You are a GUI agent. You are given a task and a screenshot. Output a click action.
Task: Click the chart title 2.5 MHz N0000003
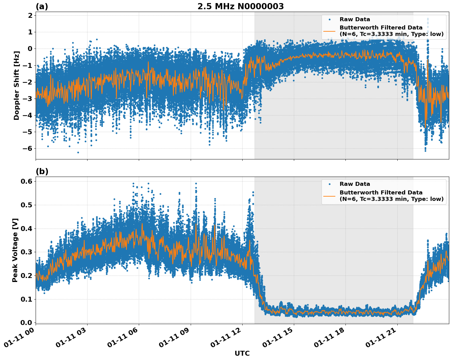click(240, 6)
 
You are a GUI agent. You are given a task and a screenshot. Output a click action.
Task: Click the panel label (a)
click(42, 6)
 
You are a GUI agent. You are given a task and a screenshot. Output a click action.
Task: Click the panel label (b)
click(42, 171)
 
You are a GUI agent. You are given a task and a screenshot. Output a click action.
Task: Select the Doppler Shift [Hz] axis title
click(17, 85)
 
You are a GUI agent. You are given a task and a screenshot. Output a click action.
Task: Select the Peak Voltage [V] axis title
click(15, 250)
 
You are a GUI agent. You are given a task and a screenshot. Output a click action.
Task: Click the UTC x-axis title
click(242, 353)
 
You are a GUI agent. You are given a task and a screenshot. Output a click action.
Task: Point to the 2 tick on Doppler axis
click(30, 16)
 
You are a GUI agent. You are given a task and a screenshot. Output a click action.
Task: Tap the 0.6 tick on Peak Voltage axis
click(26, 182)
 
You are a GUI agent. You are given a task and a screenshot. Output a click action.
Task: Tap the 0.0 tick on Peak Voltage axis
click(26, 323)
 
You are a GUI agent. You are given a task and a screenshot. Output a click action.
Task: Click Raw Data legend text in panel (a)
click(355, 19)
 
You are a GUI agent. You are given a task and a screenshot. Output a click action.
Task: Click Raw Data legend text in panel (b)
click(355, 184)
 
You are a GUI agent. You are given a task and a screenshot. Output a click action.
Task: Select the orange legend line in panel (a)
click(329, 31)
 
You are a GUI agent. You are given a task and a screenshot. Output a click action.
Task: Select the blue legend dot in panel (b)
click(329, 184)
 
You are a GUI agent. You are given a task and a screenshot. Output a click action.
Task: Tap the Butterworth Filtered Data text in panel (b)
click(381, 193)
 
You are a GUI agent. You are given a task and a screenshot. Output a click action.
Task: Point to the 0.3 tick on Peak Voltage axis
click(26, 252)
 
